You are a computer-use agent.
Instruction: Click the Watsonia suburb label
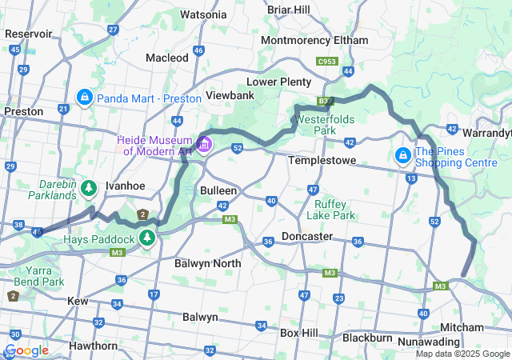pos(203,14)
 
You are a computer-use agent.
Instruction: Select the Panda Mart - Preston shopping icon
pos(83,98)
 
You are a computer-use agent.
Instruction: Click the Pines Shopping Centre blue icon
pos(403,154)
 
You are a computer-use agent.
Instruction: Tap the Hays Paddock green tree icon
pos(146,238)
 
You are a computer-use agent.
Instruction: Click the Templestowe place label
pos(320,160)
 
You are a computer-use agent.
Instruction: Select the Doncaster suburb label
pos(306,237)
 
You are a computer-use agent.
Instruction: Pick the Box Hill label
pos(300,332)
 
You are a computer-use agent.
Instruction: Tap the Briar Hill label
pos(289,10)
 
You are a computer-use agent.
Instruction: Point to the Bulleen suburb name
pos(218,191)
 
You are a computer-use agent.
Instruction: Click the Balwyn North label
pos(207,263)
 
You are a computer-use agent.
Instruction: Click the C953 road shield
pos(326,60)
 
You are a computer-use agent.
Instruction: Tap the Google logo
pos(26,350)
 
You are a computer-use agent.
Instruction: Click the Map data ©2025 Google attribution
pos(462,354)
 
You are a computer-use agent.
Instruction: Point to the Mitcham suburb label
pos(462,327)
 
